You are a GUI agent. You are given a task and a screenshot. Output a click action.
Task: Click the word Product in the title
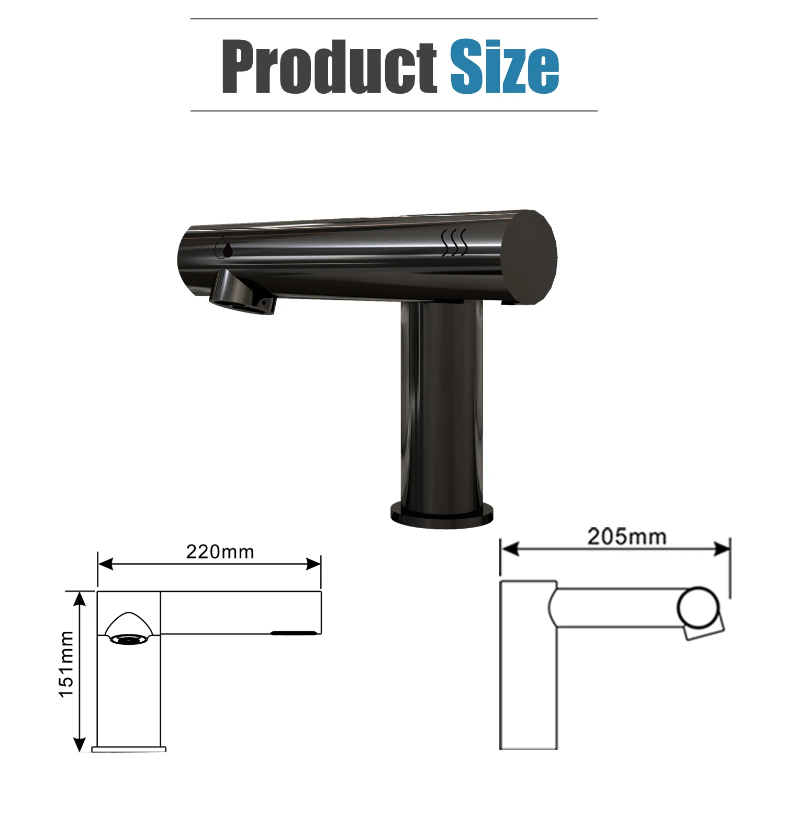(329, 66)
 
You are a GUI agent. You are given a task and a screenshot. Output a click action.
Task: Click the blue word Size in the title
(504, 66)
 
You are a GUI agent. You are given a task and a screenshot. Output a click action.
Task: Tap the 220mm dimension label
(220, 552)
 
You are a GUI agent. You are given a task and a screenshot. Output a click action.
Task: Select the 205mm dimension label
(626, 536)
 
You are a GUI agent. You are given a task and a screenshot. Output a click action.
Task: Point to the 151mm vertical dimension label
(66, 664)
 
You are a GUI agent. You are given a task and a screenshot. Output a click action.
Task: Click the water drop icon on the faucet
(226, 247)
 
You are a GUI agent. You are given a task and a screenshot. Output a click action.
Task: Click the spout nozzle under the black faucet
(242, 294)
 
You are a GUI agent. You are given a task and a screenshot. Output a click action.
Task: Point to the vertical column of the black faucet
(442, 403)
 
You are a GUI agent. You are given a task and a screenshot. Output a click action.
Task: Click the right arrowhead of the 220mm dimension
(313, 564)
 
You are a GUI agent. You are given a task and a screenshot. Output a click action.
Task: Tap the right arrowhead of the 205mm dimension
(723, 549)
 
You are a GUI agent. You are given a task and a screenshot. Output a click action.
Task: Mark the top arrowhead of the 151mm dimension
(79, 598)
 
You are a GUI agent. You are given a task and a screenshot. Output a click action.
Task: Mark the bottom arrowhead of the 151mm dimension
(79, 744)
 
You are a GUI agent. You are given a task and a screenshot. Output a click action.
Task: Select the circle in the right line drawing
(698, 608)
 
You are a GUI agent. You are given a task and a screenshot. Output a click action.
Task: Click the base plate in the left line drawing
(129, 750)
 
